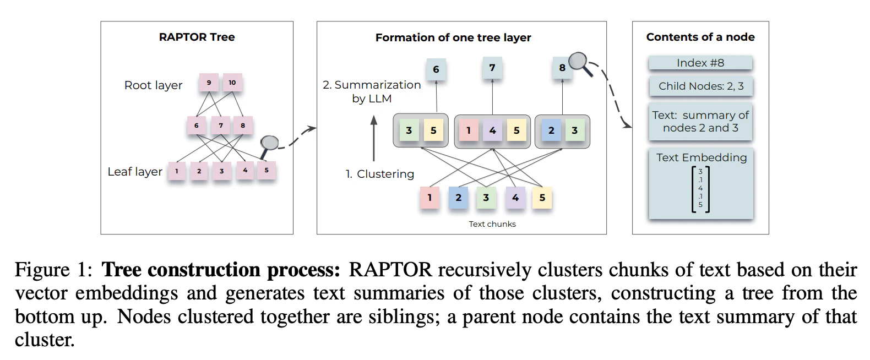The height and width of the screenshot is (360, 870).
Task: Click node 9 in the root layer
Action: point(209,83)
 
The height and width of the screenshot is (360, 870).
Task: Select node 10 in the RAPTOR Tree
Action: point(232,83)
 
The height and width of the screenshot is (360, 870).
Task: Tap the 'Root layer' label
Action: point(153,85)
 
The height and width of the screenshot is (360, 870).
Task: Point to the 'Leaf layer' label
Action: point(135,172)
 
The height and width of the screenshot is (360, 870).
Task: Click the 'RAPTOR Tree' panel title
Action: point(197,37)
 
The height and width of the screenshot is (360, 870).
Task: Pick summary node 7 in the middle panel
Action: point(492,68)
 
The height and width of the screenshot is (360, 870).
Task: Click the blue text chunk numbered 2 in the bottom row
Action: point(458,197)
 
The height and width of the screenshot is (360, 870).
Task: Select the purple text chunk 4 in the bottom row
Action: point(515,197)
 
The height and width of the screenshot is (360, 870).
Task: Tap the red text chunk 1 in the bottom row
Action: point(429,197)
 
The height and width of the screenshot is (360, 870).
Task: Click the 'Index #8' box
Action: point(700,63)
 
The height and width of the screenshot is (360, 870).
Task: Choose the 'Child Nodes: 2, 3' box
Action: point(701,86)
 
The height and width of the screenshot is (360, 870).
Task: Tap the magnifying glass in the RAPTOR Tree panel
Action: point(269,145)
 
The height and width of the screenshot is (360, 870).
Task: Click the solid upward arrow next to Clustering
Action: point(374,138)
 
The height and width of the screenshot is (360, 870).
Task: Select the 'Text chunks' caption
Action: point(492,224)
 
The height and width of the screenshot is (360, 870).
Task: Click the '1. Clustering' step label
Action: point(380,174)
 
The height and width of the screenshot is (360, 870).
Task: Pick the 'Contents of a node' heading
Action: point(700,37)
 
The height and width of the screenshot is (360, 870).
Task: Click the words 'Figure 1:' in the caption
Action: point(53,270)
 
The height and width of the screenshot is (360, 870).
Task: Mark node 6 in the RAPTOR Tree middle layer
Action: point(197,126)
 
